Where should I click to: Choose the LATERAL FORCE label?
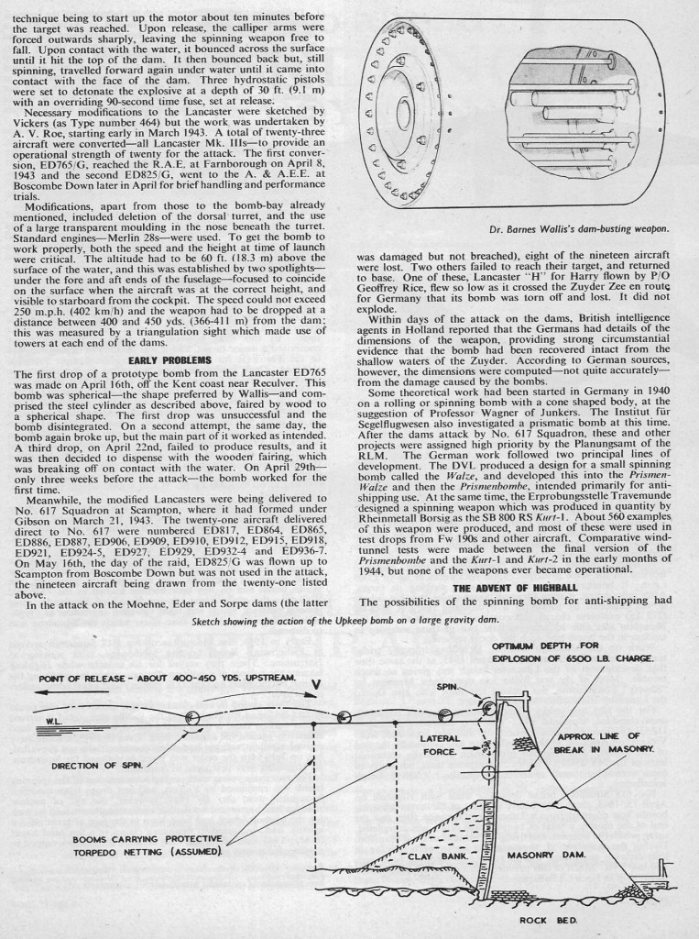tap(441, 744)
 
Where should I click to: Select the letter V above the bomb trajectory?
tap(315, 684)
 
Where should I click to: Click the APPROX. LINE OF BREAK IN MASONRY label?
tap(605, 743)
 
